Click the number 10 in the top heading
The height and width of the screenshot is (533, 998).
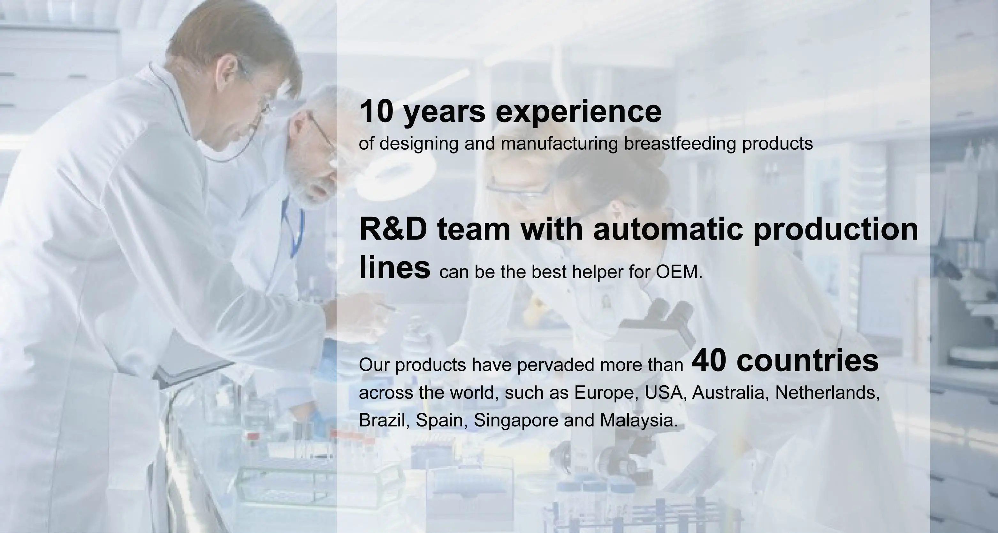tap(377, 111)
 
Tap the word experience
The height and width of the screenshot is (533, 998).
tap(578, 113)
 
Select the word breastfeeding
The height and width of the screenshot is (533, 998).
tap(680, 144)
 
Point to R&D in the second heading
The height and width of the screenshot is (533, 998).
tap(393, 229)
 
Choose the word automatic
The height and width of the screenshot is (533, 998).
tap(668, 229)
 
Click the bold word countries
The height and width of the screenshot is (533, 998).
tap(807, 360)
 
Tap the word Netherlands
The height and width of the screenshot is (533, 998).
tap(827, 393)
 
